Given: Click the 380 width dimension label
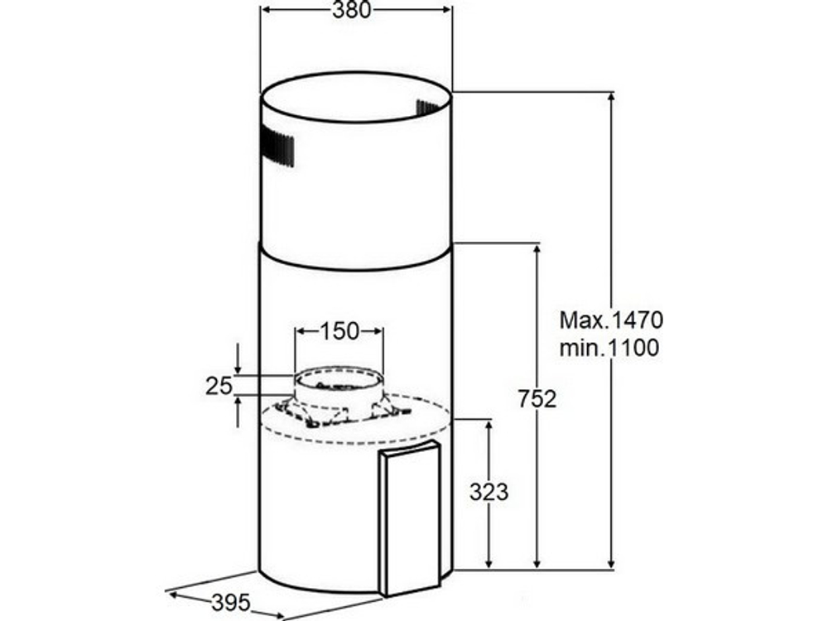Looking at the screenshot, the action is point(351,9).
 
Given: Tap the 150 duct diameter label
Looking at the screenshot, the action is point(339,331).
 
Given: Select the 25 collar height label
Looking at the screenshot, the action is point(219,386).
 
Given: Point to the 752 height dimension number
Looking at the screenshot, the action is point(537,399).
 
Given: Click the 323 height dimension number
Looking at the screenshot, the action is point(489,492).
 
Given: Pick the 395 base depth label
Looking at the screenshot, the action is point(231,603).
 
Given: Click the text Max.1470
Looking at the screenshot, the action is point(611,320).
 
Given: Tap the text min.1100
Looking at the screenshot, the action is point(609,348).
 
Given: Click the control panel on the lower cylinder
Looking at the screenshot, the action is point(410,520).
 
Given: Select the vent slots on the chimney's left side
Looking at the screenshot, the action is point(277,146).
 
